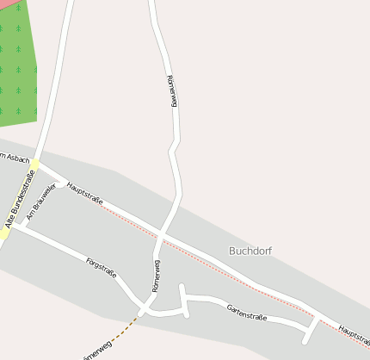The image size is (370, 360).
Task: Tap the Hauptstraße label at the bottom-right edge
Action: click(x=353, y=332)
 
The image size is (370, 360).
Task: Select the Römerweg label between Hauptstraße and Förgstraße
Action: click(x=156, y=276)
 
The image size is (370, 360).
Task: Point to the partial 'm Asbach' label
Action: click(x=15, y=158)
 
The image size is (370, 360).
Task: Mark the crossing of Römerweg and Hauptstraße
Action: click(x=163, y=234)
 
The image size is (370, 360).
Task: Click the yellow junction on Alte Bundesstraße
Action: click(x=34, y=163)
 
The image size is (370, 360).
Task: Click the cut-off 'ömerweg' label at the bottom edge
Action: click(x=96, y=354)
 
